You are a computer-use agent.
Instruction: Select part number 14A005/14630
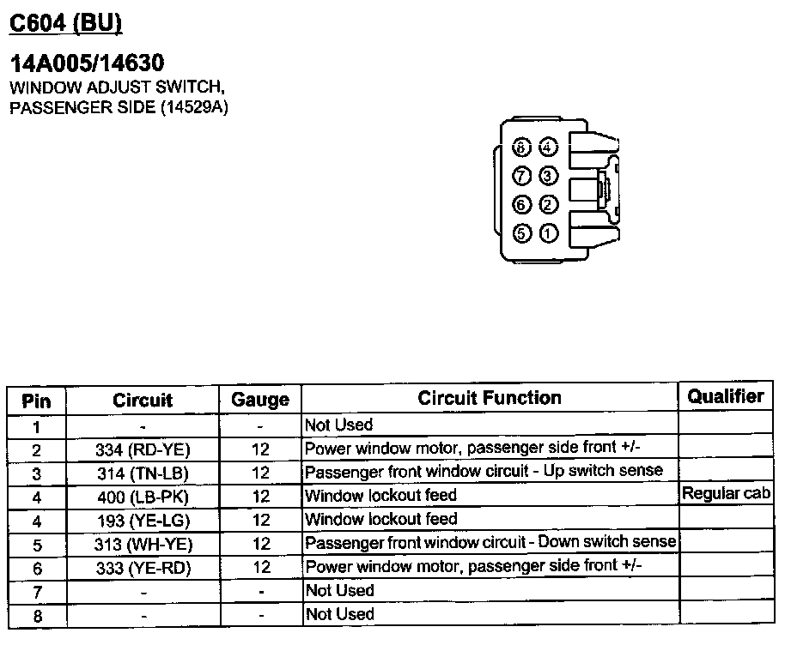coord(86,63)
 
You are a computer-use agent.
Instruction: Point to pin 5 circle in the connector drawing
coord(521,232)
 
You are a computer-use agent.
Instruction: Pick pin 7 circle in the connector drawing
coord(521,177)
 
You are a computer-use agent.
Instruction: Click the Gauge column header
coord(260,400)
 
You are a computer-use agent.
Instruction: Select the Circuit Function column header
coord(489,398)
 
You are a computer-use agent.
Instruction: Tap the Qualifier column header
coord(725,396)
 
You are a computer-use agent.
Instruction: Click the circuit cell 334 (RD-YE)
coord(143,449)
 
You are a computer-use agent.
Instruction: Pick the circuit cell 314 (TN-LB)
coord(143,473)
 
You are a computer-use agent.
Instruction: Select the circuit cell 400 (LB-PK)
coord(143,497)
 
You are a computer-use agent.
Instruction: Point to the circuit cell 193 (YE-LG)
coord(143,520)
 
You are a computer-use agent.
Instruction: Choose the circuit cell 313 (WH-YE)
coord(143,544)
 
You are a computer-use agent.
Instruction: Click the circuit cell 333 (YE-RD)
coord(143,568)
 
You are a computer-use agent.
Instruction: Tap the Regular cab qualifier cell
coord(726,494)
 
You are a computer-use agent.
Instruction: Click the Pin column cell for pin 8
coord(36,616)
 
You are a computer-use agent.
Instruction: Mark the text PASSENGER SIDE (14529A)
coord(119,107)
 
